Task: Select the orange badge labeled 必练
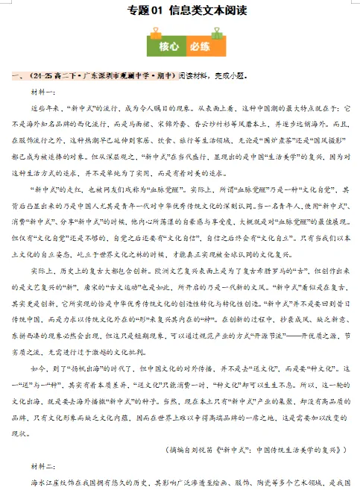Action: tap(198, 45)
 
